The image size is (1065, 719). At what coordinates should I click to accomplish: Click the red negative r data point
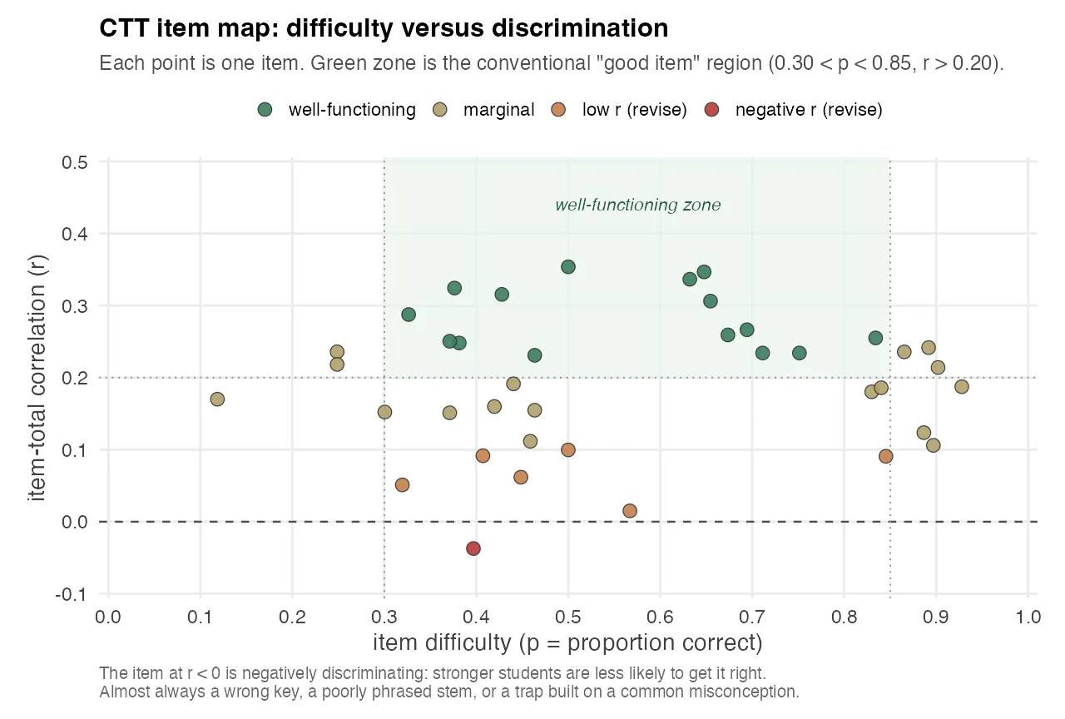(x=473, y=548)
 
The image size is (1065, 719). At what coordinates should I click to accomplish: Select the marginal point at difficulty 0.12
(x=217, y=399)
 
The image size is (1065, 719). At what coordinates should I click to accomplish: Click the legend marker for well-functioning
(x=265, y=110)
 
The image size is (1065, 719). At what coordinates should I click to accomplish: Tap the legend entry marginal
(x=498, y=110)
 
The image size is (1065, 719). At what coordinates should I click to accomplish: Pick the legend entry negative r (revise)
(x=808, y=110)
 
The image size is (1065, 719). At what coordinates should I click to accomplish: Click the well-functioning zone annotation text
(x=637, y=205)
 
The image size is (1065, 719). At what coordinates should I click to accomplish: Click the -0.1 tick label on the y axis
(x=76, y=594)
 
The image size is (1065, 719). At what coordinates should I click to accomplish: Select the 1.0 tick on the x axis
(x=1028, y=617)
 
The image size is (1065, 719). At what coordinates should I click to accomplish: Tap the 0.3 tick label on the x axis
(x=384, y=617)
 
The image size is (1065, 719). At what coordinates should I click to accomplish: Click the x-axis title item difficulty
(x=567, y=643)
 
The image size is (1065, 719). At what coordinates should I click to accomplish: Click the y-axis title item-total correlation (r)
(x=38, y=377)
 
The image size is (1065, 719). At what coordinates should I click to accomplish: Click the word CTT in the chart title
(x=124, y=29)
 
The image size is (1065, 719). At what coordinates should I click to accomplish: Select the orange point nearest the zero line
(x=630, y=511)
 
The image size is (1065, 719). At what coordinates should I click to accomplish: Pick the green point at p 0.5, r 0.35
(x=568, y=267)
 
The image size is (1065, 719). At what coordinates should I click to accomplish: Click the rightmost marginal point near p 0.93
(x=962, y=387)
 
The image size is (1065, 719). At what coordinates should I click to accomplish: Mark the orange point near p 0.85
(x=886, y=456)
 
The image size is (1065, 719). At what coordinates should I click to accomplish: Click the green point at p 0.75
(x=800, y=353)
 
